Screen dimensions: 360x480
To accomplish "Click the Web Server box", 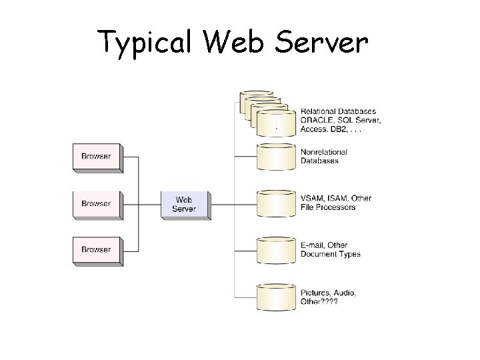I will [185, 205].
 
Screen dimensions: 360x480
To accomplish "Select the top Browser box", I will [96, 157].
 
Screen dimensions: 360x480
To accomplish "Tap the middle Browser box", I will [96, 204].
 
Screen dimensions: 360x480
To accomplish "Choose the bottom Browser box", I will [96, 250].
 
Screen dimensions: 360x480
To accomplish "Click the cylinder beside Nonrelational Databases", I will [275, 157].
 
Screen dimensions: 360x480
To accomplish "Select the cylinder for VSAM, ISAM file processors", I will [275, 204].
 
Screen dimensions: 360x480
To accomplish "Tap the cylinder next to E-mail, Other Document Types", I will [275, 251].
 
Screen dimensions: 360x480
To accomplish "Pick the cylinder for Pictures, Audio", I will [275, 297].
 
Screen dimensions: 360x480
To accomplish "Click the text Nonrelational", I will [324, 152].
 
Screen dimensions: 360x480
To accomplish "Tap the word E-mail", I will [314, 245].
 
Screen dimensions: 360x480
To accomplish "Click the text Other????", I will [319, 302].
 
